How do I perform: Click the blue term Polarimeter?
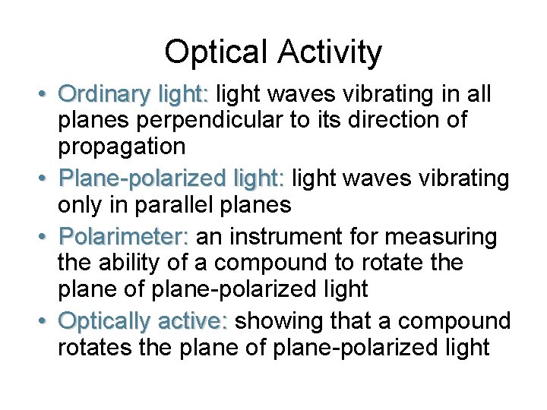pyautogui.click(x=123, y=237)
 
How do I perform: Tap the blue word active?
pyautogui.click(x=197, y=321)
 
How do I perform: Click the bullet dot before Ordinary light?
pyautogui.click(x=44, y=95)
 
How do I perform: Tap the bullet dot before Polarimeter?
pyautogui.click(x=44, y=237)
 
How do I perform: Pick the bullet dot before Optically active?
pyautogui.click(x=44, y=321)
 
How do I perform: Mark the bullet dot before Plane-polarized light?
pyautogui.click(x=44, y=179)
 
